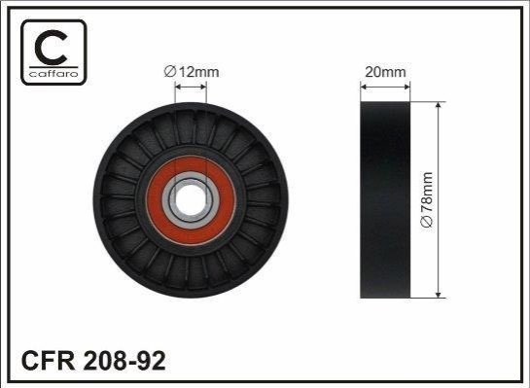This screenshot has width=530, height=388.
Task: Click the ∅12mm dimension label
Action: [x=192, y=72]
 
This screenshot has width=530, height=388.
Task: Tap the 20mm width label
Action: [x=385, y=72]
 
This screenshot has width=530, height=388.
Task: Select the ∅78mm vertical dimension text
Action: [x=427, y=199]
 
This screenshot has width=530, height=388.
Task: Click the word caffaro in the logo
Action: [x=53, y=74]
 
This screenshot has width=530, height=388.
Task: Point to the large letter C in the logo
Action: [x=51, y=48]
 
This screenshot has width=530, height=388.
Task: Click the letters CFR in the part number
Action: [x=48, y=361]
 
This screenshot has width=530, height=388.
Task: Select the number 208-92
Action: [x=124, y=361]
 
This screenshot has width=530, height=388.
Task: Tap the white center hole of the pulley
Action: [x=191, y=199]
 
